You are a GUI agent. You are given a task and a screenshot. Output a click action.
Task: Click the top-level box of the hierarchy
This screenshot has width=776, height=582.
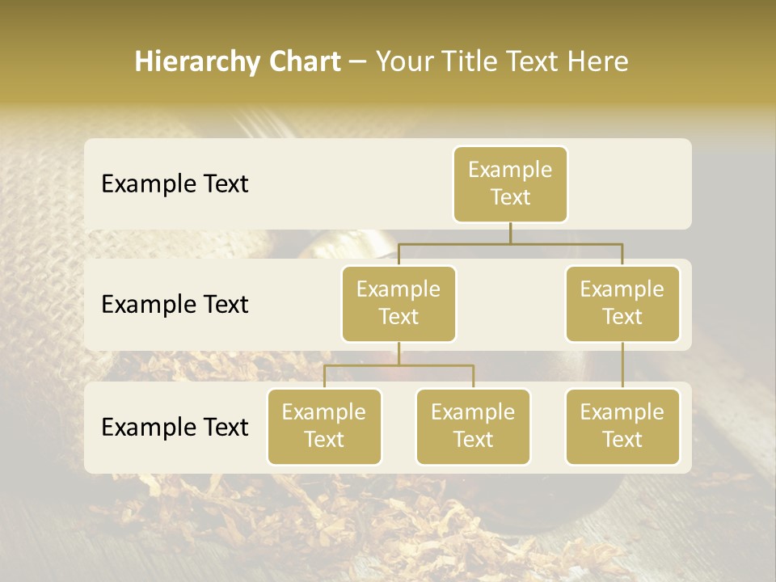510,183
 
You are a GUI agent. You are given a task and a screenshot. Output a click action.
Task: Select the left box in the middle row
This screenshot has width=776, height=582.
399,303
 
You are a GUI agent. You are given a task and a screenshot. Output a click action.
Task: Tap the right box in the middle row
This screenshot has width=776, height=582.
622,303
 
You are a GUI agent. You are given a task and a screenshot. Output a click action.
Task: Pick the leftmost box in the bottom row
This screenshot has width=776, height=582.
324,426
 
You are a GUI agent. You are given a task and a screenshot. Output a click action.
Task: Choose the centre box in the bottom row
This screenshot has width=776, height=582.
473,426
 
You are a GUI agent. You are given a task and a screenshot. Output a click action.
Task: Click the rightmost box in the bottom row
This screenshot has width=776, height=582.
622,426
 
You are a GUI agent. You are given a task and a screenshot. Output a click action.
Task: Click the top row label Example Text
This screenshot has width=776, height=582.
175,183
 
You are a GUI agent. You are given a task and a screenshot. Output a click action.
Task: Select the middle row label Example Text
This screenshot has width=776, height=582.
175,304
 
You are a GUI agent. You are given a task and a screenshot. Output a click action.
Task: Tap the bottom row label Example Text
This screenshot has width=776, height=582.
175,427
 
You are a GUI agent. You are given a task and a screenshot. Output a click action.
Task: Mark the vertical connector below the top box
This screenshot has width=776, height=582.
510,233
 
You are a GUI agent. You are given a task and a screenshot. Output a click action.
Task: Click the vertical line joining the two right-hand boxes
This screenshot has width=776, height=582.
622,365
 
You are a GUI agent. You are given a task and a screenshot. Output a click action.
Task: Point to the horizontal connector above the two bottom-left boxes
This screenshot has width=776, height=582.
399,365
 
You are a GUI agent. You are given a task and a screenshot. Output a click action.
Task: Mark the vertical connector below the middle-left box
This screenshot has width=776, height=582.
399,353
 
